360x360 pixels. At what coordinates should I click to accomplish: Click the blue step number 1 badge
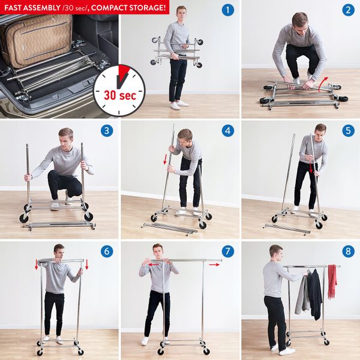[x=228, y=10]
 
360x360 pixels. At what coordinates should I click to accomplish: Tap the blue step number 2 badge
[x=348, y=10]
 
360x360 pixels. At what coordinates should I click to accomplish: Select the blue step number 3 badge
[x=107, y=131]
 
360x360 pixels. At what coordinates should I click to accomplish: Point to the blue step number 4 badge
[x=228, y=131]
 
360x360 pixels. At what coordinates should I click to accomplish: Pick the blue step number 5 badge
[x=348, y=131]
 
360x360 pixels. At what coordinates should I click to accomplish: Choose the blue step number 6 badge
[x=107, y=251]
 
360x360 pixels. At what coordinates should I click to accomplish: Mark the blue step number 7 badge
[x=228, y=251]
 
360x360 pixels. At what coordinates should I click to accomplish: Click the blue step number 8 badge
[x=348, y=251]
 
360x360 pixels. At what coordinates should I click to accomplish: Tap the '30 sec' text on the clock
[x=120, y=95]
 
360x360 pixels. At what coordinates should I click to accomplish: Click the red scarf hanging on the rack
[x=332, y=281]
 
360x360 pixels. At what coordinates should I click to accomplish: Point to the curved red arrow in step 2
[x=323, y=82]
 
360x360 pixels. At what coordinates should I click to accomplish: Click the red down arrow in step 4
[x=165, y=159]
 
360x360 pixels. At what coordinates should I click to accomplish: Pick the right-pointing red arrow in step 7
[x=214, y=265]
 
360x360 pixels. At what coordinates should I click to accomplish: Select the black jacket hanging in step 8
[x=315, y=294]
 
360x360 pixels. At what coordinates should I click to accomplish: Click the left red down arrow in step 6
[x=36, y=265]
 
